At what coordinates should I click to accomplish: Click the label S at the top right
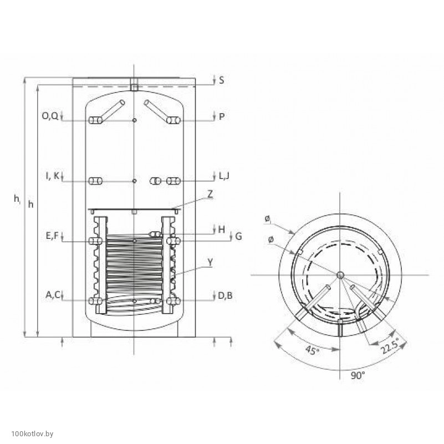coord(221,80)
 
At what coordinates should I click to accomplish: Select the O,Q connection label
coord(50,116)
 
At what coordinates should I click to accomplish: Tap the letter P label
coord(222,116)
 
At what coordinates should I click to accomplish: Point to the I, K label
coord(53,176)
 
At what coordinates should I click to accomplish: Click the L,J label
coord(224,176)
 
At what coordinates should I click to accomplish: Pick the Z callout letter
coord(210,194)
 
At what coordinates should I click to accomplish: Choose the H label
coord(222,229)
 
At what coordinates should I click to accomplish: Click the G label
coord(239,236)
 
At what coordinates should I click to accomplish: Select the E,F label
coord(52,236)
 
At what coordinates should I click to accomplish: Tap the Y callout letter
coord(210,263)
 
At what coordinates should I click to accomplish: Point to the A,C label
coord(53,295)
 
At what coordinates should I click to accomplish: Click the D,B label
coord(225,295)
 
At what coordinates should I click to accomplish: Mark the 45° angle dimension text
coord(312,350)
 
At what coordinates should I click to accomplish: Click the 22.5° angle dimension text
coord(390,345)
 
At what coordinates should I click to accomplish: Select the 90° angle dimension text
coord(358,375)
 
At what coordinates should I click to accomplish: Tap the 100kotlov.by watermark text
coord(32,433)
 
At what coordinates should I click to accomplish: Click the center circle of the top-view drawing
coord(340,275)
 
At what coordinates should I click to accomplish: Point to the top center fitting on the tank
coord(134,85)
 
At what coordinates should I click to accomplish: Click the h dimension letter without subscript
coord(30,204)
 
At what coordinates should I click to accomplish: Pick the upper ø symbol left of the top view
coord(267,219)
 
